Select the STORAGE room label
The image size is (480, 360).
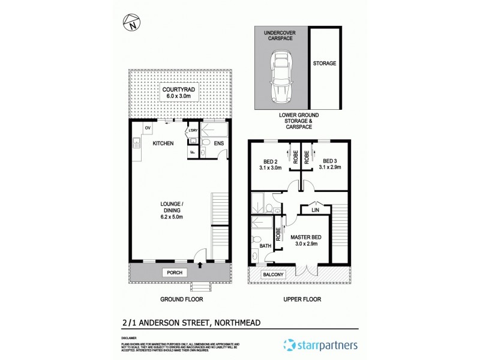[x=325, y=63]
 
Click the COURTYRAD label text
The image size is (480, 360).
[x=178, y=90]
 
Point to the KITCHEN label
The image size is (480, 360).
[x=163, y=143]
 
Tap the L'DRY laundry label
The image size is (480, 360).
[x=193, y=131]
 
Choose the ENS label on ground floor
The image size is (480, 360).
[x=219, y=144]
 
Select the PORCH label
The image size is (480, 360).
[x=175, y=272]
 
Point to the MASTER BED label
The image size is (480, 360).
[x=306, y=237]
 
